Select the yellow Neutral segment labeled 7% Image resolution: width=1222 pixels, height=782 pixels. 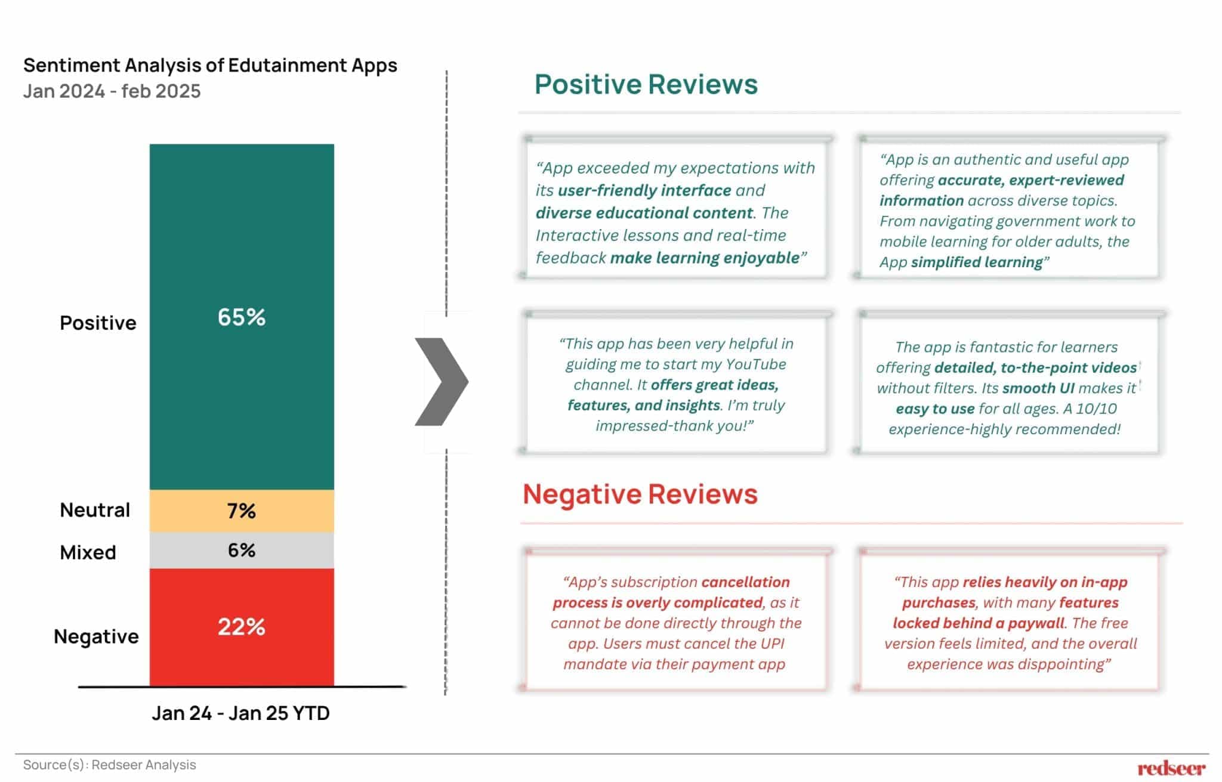coord(242,511)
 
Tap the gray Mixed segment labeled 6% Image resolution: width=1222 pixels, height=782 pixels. coord(242,550)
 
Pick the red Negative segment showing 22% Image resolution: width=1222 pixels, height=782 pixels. coord(242,627)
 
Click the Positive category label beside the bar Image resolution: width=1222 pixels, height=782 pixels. coord(98,323)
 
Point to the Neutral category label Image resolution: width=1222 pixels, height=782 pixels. coord(95,510)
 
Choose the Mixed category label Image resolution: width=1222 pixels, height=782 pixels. coord(88,552)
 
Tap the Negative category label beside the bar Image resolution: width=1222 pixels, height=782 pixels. coord(96,636)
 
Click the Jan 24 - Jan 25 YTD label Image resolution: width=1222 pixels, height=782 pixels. coord(240,713)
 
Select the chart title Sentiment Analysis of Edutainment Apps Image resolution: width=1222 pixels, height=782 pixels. coord(210,65)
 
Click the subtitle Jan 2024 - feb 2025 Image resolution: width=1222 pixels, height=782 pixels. coord(112,91)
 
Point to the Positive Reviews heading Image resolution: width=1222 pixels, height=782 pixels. coord(646,84)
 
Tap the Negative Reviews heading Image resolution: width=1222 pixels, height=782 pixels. coord(640,494)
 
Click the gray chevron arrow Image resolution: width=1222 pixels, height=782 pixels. coord(442,382)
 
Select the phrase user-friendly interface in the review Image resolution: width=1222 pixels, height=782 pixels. coord(644,190)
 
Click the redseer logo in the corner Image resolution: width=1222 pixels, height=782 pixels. coord(1171,768)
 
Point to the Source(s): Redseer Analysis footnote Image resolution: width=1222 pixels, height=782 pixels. coord(110,765)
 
